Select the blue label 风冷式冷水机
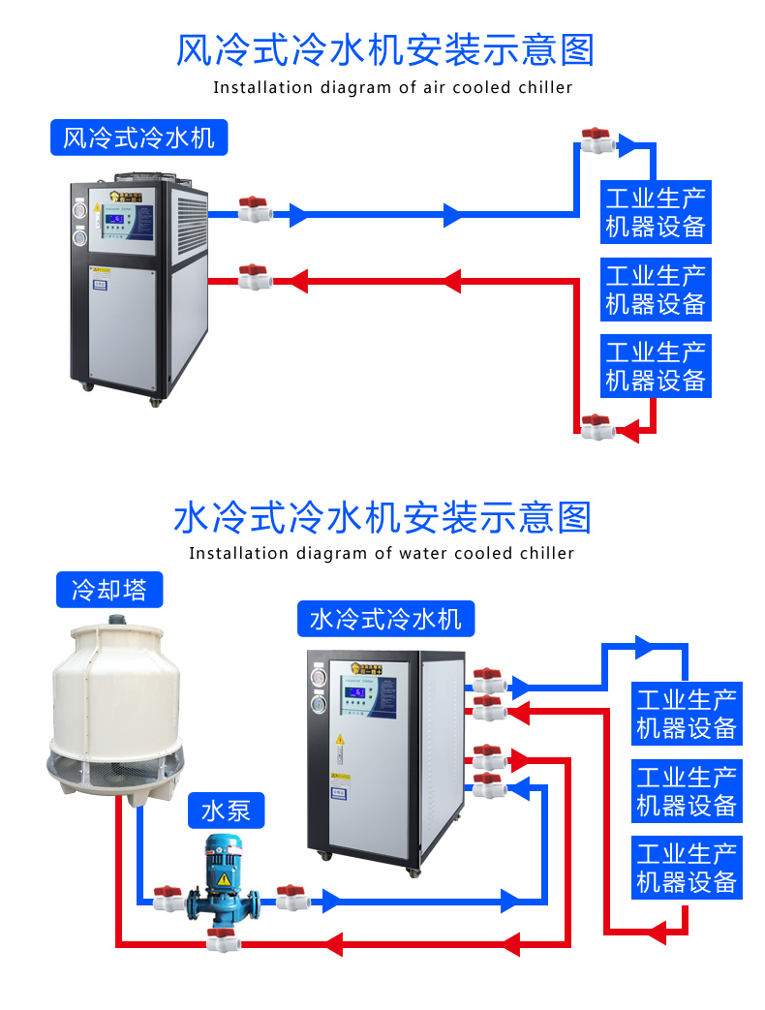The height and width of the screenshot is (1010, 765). tap(138, 138)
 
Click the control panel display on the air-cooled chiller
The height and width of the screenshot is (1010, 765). tap(118, 221)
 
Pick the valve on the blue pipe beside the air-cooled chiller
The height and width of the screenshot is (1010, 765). tap(254, 209)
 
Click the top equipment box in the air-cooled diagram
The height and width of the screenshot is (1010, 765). tap(656, 212)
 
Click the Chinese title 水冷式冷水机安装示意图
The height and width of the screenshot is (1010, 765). tap(382, 518)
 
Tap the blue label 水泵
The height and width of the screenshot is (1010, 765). tap(226, 810)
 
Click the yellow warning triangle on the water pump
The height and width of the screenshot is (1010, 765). tap(224, 879)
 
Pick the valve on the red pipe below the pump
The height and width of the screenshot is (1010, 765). tap(221, 937)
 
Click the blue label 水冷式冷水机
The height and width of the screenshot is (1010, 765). tap(384, 618)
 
